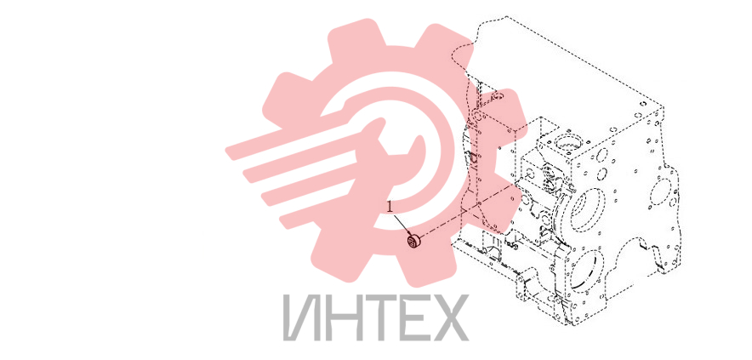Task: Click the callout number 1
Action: [390, 207]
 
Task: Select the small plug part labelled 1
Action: [413, 242]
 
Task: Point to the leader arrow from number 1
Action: [402, 225]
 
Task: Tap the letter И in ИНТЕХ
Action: [302, 317]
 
